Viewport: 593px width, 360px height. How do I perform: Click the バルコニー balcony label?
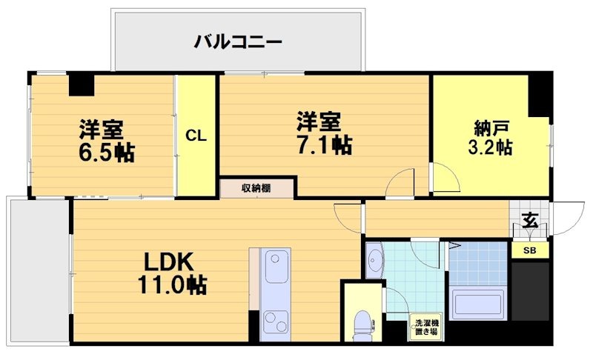tap(238, 41)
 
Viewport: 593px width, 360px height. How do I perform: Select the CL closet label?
tap(196, 136)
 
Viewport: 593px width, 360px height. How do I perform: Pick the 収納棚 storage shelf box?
tap(256, 188)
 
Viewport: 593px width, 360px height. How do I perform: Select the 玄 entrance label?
tap(529, 221)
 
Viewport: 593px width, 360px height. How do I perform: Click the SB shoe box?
tap(530, 250)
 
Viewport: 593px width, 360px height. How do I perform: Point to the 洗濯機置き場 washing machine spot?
tap(426, 327)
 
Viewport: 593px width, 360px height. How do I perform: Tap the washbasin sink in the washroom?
tap(375, 261)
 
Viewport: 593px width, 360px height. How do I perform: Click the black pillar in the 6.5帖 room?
tap(82, 84)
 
